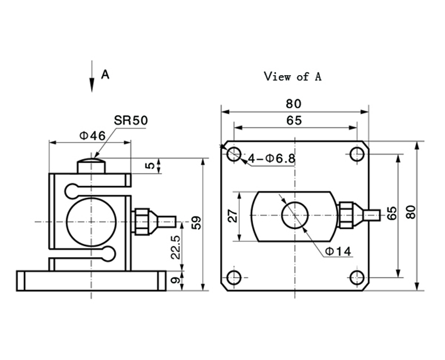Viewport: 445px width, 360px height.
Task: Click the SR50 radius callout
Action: coord(130,121)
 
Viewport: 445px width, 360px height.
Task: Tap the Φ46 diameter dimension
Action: coord(93,135)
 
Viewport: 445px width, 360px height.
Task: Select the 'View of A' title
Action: coord(293,76)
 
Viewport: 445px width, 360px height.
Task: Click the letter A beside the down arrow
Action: coord(106,75)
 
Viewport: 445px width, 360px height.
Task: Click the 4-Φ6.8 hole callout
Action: coord(272,158)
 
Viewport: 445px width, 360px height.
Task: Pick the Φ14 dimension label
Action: coord(337,251)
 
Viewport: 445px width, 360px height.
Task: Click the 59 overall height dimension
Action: coord(197,222)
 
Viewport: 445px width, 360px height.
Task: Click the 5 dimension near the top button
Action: coord(151,165)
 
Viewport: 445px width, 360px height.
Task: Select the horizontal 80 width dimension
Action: coord(294,103)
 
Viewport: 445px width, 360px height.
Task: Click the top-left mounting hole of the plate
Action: coord(234,155)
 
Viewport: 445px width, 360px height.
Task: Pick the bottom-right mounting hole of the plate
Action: coord(357,277)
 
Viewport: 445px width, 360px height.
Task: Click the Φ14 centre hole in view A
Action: coord(295,215)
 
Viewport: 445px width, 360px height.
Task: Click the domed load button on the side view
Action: coord(91,164)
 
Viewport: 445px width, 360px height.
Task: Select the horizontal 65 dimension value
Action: coord(294,120)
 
